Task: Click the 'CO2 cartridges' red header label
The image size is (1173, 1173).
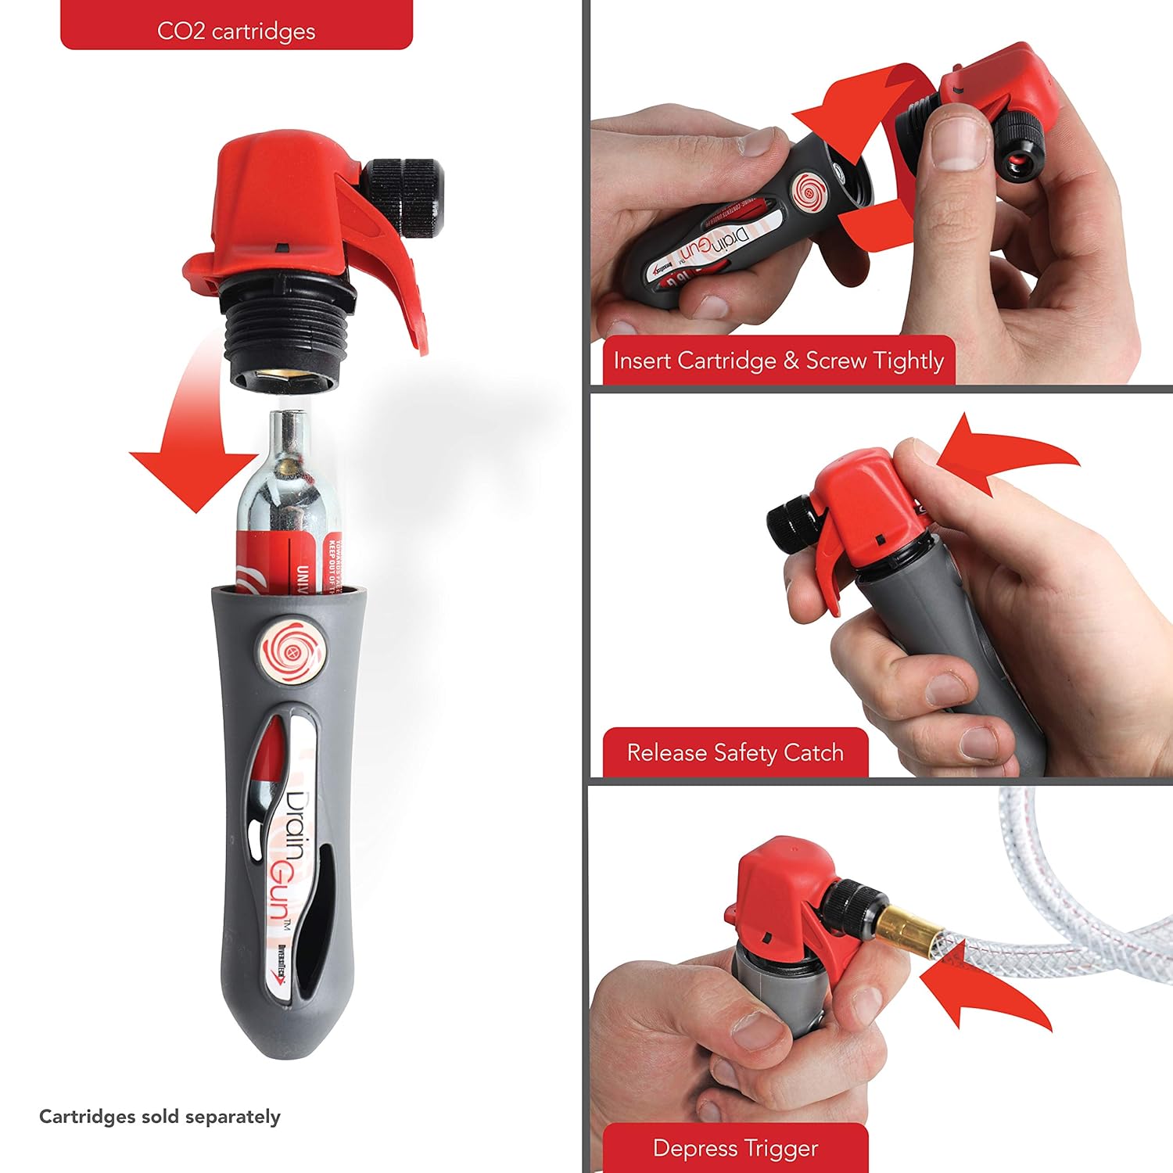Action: tap(236, 31)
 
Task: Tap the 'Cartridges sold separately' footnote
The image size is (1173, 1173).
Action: tap(160, 1117)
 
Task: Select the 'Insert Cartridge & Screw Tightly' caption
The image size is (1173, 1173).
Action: tap(779, 361)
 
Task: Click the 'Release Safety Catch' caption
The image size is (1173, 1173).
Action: tap(735, 752)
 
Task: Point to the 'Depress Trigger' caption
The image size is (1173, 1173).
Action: tap(735, 1148)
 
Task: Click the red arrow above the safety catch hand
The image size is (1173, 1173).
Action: tap(1001, 454)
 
